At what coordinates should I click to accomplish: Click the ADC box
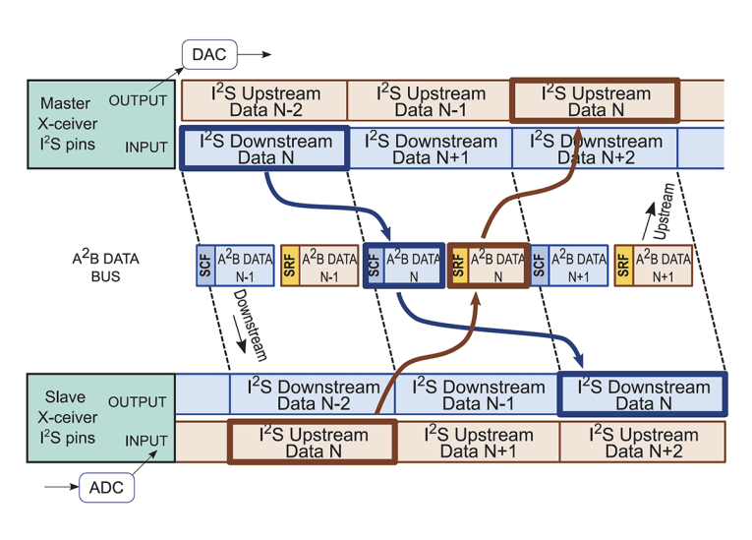pyautogui.click(x=105, y=486)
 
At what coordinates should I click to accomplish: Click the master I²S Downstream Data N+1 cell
pyautogui.click(x=431, y=149)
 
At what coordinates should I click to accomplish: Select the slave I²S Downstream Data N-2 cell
pyautogui.click(x=311, y=394)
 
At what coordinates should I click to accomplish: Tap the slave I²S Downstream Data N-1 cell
pyautogui.click(x=477, y=394)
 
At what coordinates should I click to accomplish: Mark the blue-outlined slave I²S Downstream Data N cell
pyautogui.click(x=642, y=394)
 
